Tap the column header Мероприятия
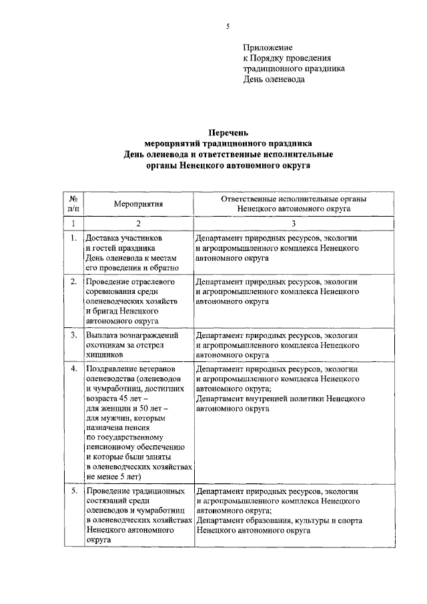tap(138, 203)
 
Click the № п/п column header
tap(73, 203)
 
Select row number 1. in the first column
tap(73, 237)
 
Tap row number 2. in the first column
tap(73, 282)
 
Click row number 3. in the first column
tap(73, 335)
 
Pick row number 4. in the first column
tap(73, 369)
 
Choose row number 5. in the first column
tap(73, 491)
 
